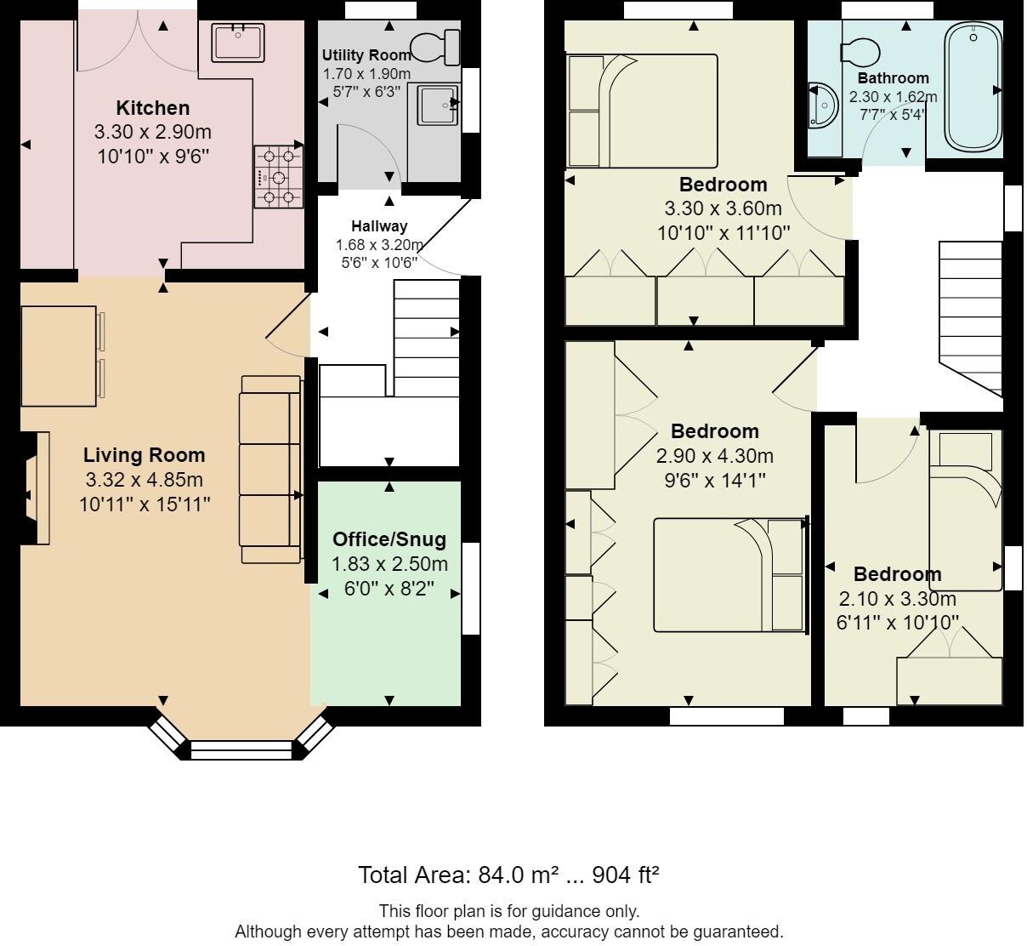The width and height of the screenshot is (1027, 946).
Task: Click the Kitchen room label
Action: [153, 108]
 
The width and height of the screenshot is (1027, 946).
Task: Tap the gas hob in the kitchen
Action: [279, 177]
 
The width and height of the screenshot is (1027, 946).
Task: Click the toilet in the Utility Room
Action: [434, 47]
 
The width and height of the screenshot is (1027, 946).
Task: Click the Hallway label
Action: [379, 226]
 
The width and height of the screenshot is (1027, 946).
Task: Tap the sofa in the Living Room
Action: [271, 470]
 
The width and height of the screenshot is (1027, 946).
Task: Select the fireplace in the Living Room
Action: [36, 487]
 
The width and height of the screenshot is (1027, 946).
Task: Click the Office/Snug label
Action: [389, 539]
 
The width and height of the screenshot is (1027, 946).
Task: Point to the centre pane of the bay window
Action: [241, 750]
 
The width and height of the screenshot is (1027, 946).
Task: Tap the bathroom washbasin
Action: [822, 105]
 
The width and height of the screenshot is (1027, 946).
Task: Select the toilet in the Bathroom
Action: [860, 52]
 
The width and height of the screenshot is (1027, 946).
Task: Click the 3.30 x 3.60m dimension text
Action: [723, 208]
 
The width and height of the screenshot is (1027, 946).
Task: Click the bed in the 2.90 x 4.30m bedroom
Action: [729, 576]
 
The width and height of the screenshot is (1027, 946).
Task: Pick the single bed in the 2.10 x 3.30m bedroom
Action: [965, 511]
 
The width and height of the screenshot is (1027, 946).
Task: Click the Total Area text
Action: [508, 875]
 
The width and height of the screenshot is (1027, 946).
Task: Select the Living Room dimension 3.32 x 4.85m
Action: [145, 480]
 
